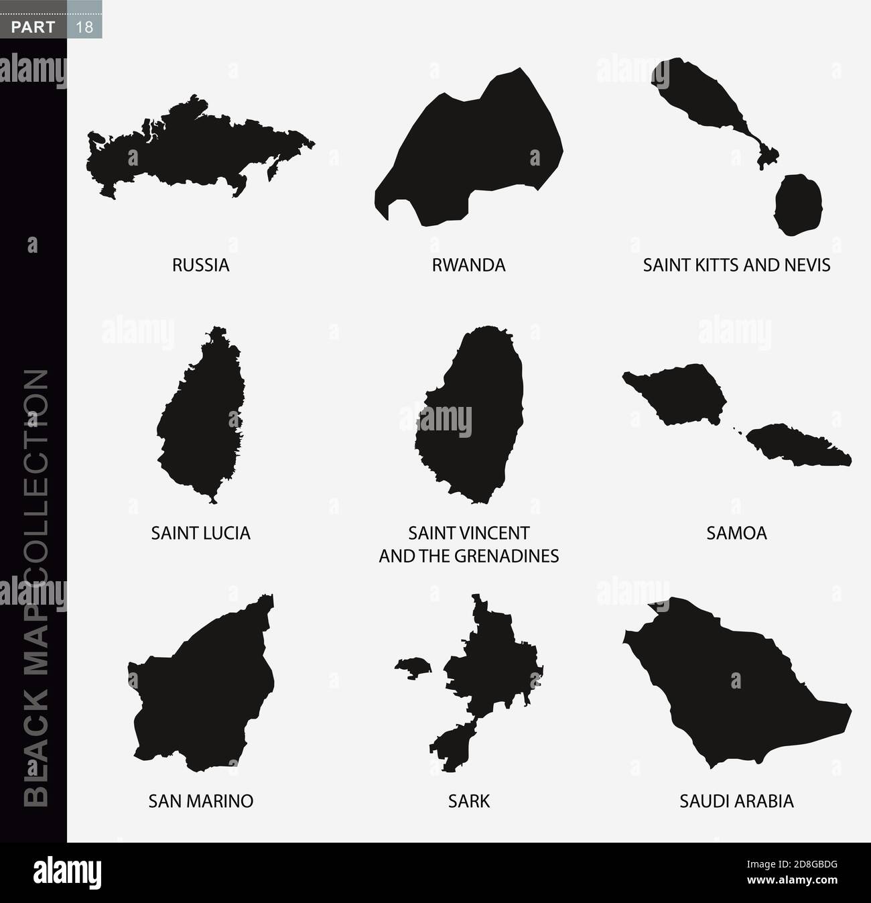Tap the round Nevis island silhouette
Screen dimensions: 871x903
click(x=798, y=204)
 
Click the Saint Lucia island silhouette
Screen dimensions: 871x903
click(x=198, y=416)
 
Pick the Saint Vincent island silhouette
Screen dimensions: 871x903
click(x=469, y=416)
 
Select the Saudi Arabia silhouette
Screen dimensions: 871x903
click(x=730, y=684)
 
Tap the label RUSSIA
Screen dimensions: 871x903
click(x=200, y=265)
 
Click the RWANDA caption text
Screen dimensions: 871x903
click(x=468, y=265)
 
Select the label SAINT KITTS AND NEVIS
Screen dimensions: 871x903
click(x=736, y=265)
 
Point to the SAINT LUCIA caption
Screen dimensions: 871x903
click(x=200, y=533)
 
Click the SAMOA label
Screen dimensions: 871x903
click(x=736, y=533)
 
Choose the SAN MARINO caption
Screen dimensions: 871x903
click(x=200, y=800)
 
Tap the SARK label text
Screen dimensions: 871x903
click(x=468, y=800)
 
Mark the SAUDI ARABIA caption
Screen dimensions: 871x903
click(x=736, y=800)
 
